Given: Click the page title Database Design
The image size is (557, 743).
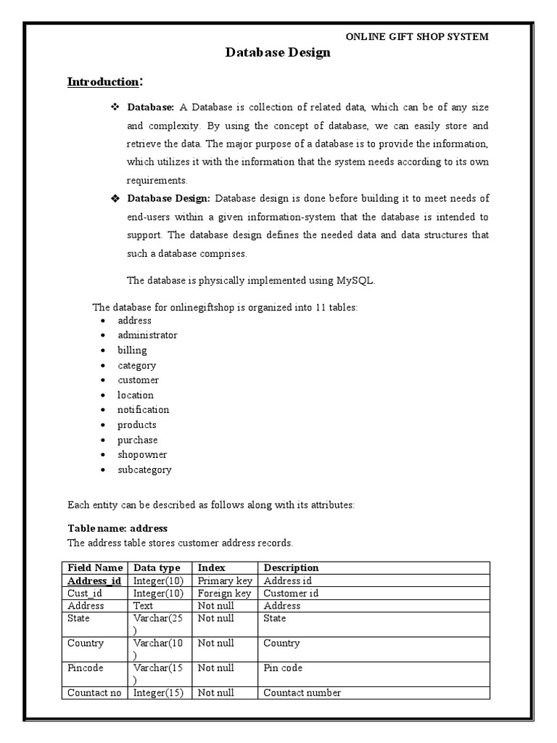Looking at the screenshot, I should click(278, 52).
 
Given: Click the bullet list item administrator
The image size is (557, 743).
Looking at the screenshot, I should click(147, 335).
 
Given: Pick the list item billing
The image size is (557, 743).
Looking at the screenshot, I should click(132, 350).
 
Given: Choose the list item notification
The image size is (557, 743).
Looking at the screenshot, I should click(143, 410).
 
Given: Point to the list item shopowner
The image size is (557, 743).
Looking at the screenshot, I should click(142, 455).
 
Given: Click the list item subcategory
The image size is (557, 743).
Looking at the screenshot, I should click(144, 469).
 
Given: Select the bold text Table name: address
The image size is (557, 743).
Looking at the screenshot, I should click(117, 528).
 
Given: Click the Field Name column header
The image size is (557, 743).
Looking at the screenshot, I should click(95, 568).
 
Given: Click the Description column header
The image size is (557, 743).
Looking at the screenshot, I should click(291, 568).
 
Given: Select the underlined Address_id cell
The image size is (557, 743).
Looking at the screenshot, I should click(94, 581).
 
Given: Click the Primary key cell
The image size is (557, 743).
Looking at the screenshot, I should click(224, 581).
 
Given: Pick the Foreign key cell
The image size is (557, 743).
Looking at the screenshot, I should click(224, 594).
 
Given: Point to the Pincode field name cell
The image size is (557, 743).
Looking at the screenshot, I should click(86, 668).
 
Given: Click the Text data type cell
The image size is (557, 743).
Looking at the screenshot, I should click(143, 606).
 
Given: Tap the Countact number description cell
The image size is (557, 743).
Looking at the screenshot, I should click(302, 693).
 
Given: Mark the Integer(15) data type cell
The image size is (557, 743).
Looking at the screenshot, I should click(158, 693).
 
